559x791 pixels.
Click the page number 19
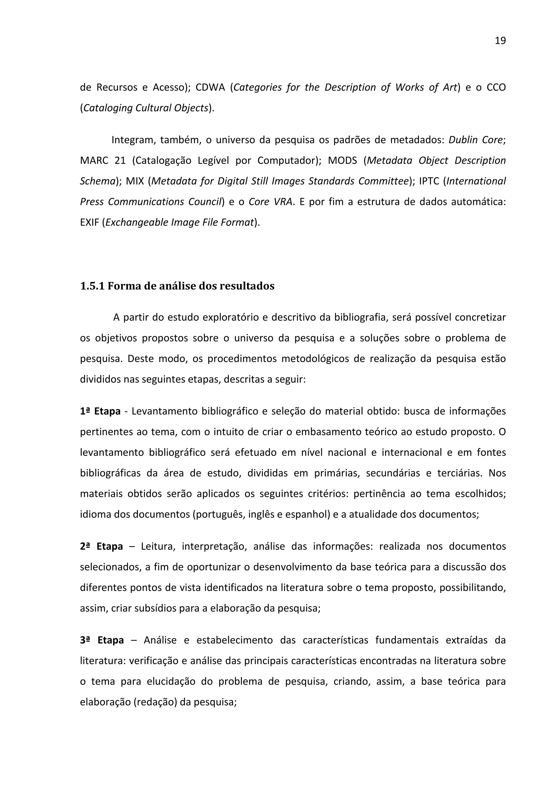[500, 41]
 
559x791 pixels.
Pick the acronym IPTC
[429, 181]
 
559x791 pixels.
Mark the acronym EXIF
[90, 222]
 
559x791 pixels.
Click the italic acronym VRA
[283, 202]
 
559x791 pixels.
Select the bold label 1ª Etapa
[100, 411]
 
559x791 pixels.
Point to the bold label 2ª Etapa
[101, 546]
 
